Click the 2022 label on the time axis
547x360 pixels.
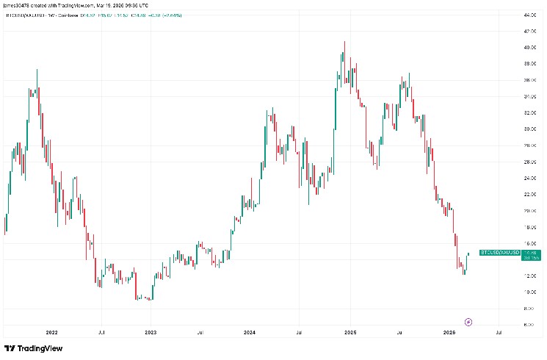[51, 332]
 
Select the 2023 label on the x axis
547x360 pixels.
[151, 332]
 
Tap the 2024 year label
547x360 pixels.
[250, 332]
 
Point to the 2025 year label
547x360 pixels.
[349, 332]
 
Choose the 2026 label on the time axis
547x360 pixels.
[449, 332]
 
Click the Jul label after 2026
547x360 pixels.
[499, 332]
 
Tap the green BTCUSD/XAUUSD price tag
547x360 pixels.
[500, 253]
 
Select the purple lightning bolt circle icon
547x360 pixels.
[469, 322]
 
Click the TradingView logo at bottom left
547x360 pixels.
[33, 348]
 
